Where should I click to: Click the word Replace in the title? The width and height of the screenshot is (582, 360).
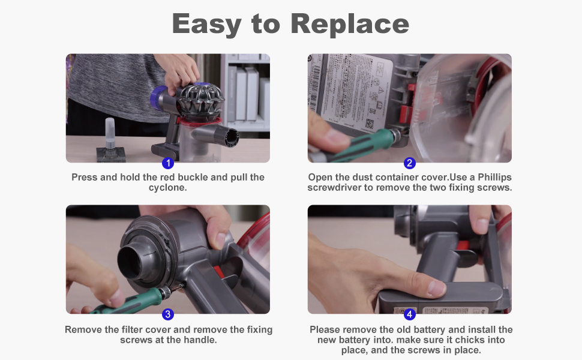tap(350, 24)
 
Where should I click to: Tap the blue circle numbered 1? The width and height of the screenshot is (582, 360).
tap(168, 163)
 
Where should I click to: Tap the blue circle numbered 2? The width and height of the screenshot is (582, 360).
tap(409, 163)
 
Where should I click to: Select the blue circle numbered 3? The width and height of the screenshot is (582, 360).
tap(168, 314)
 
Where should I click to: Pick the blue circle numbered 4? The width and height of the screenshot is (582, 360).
tap(409, 314)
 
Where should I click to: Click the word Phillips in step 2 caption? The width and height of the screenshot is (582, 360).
tap(495, 178)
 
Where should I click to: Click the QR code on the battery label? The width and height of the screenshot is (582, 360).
tap(370, 124)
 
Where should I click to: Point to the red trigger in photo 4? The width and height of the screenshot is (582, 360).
tap(463, 245)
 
